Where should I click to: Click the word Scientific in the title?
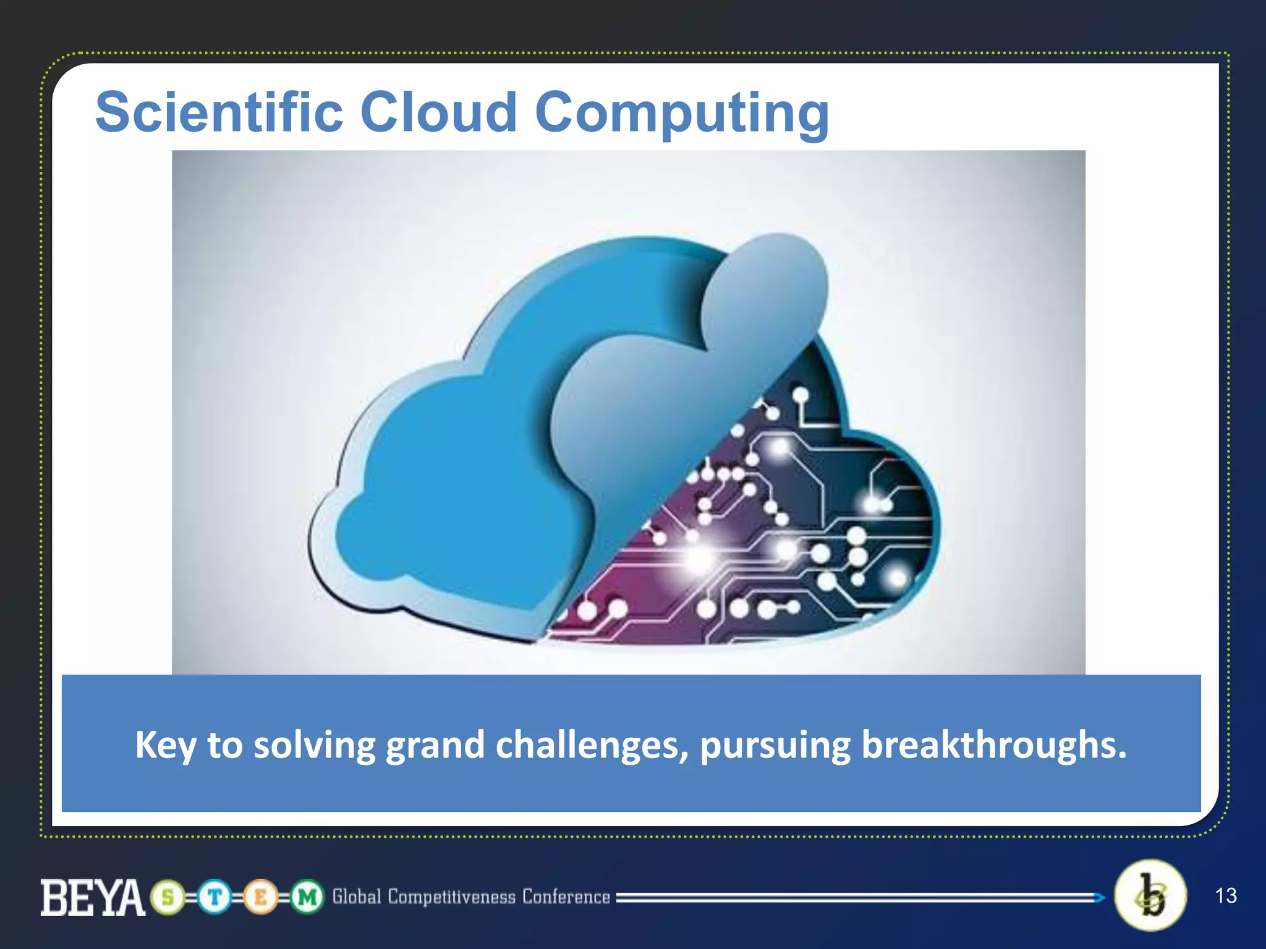pos(219,112)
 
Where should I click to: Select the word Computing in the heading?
pos(681,114)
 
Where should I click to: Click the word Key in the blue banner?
pos(165,745)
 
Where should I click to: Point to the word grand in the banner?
pos(435,745)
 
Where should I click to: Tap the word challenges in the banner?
pos(592,745)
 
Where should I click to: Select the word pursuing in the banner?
pos(775,745)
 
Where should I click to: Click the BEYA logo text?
pos(93,898)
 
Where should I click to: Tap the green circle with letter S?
pos(168,897)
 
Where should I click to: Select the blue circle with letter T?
pos(215,897)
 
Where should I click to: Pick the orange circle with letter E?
pos(260,897)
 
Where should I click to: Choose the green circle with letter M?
pos(307,897)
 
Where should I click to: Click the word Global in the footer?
pos(357,896)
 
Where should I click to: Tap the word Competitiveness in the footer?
pos(451,897)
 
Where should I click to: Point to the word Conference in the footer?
pos(566,896)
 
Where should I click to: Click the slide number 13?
pos(1225,895)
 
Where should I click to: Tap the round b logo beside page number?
pos(1150,895)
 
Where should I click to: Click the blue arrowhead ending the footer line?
pos(1100,897)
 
